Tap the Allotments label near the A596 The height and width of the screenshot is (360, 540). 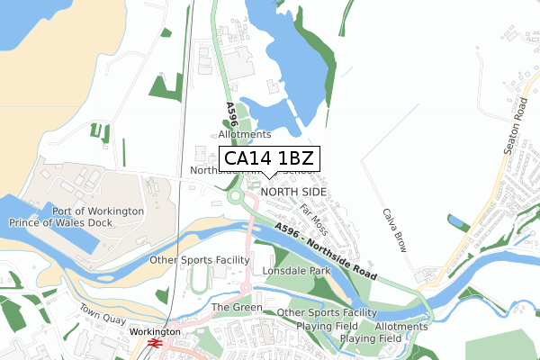(220, 133)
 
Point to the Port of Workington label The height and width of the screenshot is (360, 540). (98, 211)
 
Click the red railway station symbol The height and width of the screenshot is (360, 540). (154, 343)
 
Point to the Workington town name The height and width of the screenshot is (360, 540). (155, 331)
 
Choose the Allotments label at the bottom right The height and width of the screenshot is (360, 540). (401, 326)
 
